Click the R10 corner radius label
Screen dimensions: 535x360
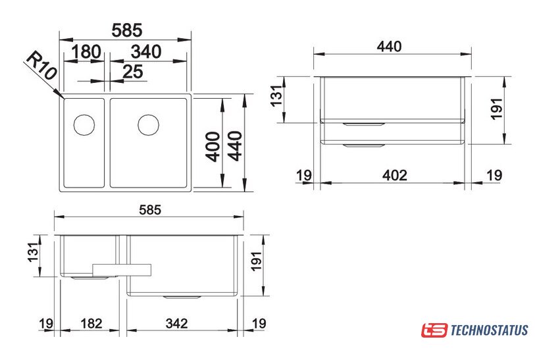[41, 66]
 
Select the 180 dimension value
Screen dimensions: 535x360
[86, 51]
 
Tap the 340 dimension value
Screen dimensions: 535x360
[145, 51]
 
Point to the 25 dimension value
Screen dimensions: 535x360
[132, 72]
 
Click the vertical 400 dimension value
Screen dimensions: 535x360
[213, 146]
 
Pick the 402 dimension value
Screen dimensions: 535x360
[395, 176]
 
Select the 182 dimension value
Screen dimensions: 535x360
[91, 323]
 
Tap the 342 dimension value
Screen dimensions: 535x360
[177, 323]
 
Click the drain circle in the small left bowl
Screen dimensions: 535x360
[84, 124]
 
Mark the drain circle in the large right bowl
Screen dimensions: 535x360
[149, 124]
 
